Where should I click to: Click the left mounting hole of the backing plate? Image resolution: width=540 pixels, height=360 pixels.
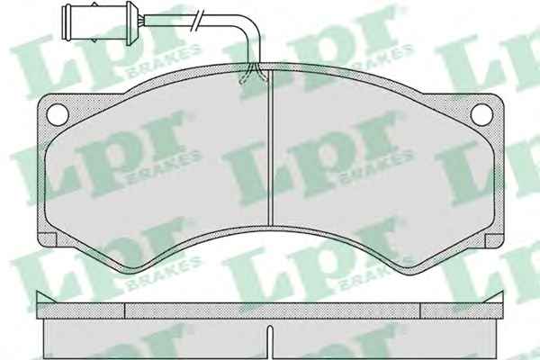click(x=58, y=114)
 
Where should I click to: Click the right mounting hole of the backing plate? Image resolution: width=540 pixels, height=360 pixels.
click(x=481, y=114)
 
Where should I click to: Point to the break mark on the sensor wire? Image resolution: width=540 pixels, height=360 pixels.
click(x=198, y=21)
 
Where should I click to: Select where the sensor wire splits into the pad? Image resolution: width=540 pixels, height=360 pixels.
click(x=253, y=73)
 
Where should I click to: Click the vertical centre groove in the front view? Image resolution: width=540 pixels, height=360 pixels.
click(x=270, y=148)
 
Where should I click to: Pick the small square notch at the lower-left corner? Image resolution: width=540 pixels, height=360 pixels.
click(x=47, y=240)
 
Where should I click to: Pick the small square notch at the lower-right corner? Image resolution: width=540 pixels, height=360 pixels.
click(x=494, y=241)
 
